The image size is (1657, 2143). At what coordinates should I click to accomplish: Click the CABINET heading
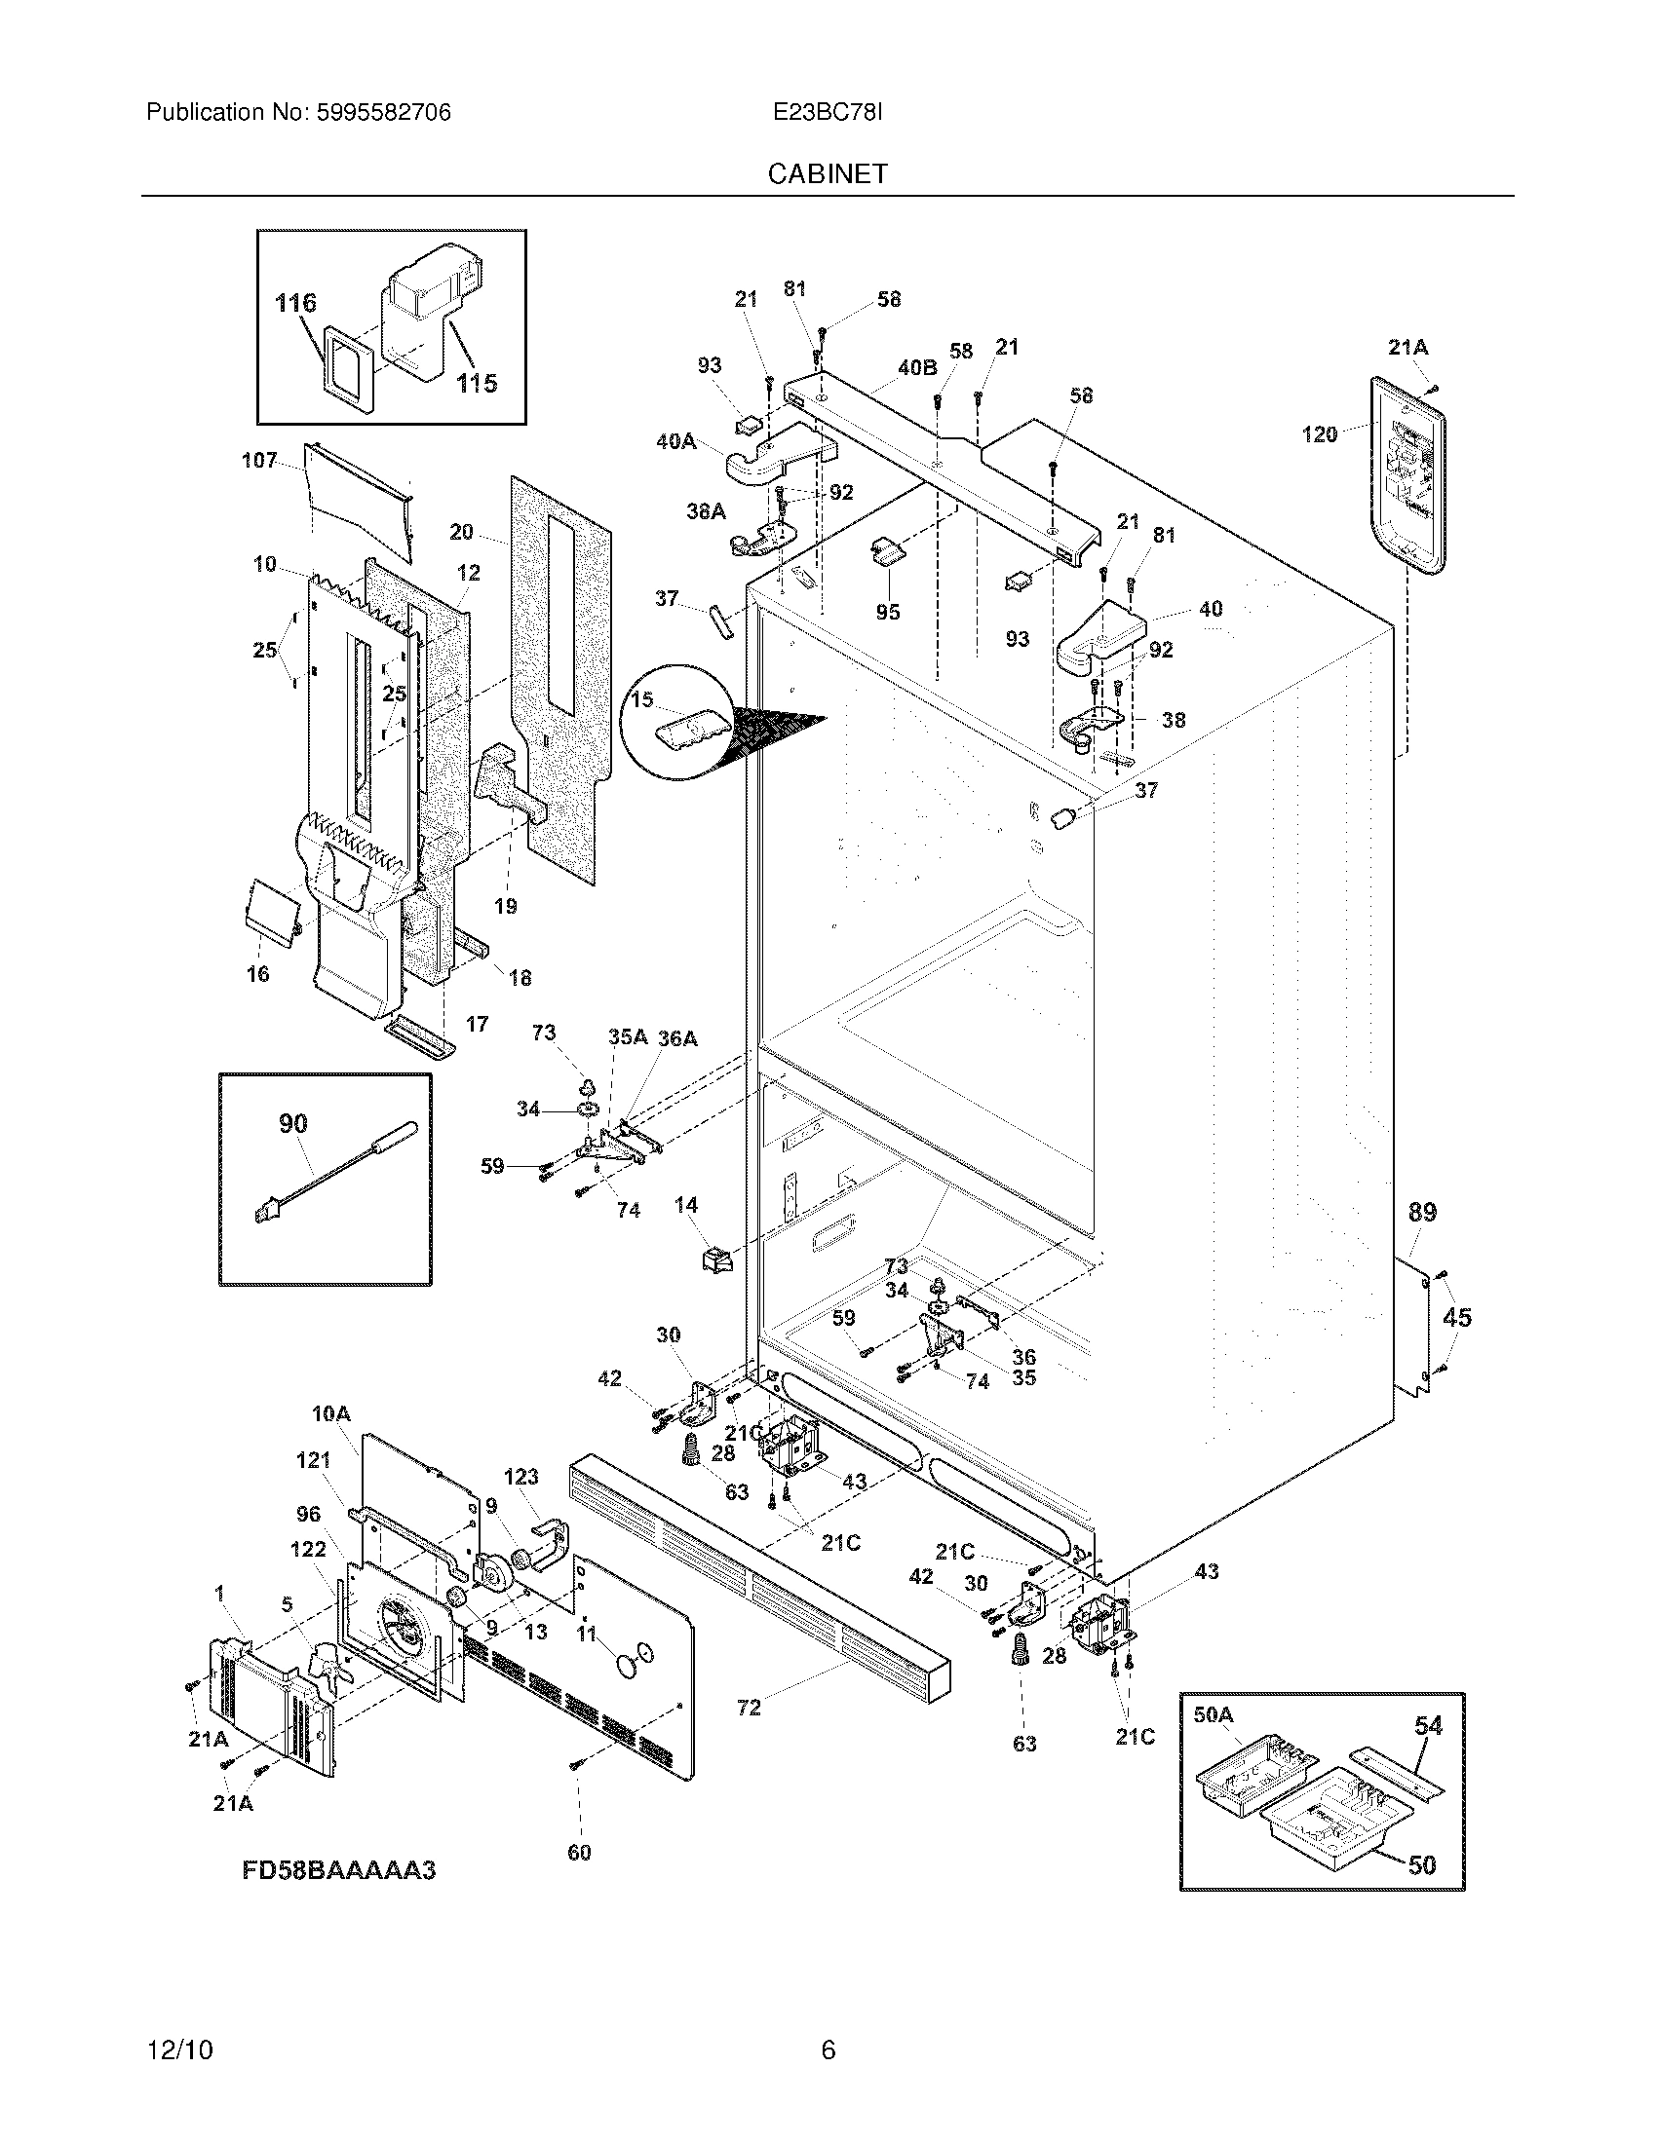coord(828,173)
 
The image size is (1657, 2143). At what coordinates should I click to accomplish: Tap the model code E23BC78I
coord(828,113)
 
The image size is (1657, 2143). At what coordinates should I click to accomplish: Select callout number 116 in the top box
coord(295,303)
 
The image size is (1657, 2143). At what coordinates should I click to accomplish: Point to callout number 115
coord(476,383)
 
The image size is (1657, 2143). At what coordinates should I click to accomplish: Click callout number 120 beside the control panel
coord(1320,433)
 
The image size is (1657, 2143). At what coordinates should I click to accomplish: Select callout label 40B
coord(917,368)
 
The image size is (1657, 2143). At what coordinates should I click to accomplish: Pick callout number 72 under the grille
coord(749,1708)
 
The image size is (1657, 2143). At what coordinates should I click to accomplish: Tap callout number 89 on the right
coord(1422,1212)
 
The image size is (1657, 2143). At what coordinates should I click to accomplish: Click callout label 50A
coord(1213,1714)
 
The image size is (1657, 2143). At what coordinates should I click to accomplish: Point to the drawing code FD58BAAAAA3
coord(338,1869)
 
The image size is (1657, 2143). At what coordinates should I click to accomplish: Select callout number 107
coord(259,460)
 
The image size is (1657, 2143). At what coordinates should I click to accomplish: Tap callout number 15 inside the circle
coord(642,699)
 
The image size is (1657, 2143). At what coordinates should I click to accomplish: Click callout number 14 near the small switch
coord(686,1204)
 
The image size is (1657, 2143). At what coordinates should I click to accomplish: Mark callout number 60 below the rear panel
coord(579,1853)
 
